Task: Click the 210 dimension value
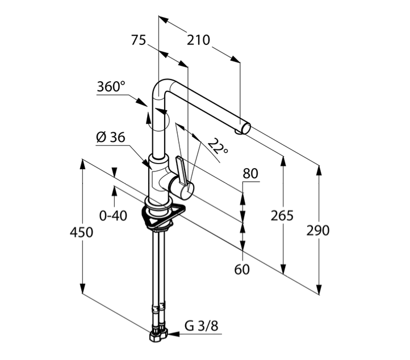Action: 198,40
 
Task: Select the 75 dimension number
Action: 139,40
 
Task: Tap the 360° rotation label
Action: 110,87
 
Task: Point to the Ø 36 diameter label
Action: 110,137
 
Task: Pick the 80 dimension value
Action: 250,173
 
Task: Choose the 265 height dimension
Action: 282,216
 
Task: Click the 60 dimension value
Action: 242,270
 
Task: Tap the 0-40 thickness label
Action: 113,216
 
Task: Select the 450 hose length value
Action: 81,232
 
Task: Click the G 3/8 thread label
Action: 201,326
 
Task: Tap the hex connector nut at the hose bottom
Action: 158,334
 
